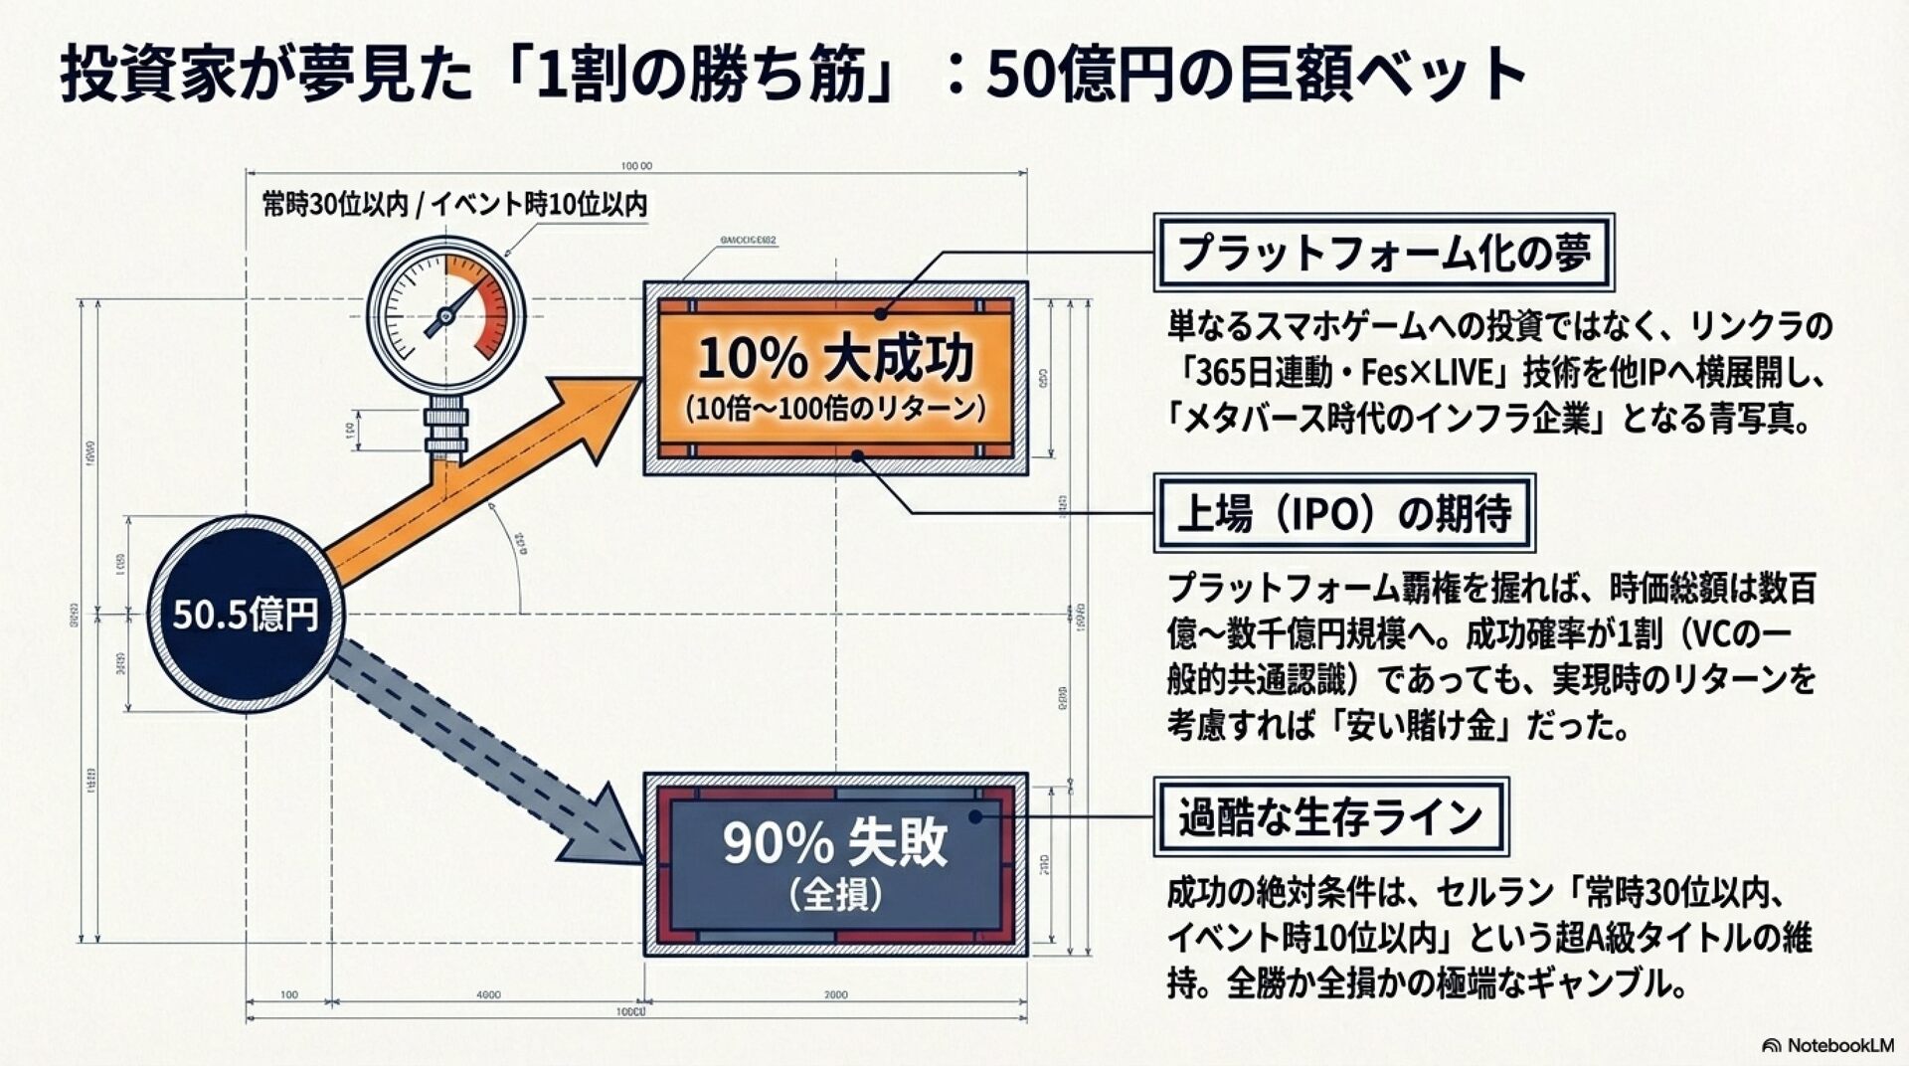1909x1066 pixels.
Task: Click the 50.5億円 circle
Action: (x=245, y=614)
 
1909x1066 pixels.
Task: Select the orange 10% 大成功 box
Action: (x=835, y=378)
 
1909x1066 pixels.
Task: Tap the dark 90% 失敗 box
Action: (x=835, y=863)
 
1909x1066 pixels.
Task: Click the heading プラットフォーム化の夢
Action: (x=1383, y=253)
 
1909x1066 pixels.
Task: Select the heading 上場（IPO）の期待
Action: (x=1343, y=514)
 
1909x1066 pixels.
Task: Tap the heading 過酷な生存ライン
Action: (x=1330, y=817)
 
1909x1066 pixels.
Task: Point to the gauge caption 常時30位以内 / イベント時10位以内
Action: (x=454, y=205)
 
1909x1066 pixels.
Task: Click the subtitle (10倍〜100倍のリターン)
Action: (x=835, y=408)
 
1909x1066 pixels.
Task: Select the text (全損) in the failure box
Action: (x=835, y=895)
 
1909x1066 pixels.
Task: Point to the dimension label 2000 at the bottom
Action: (x=835, y=994)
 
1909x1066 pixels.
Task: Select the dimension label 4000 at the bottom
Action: (x=488, y=994)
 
